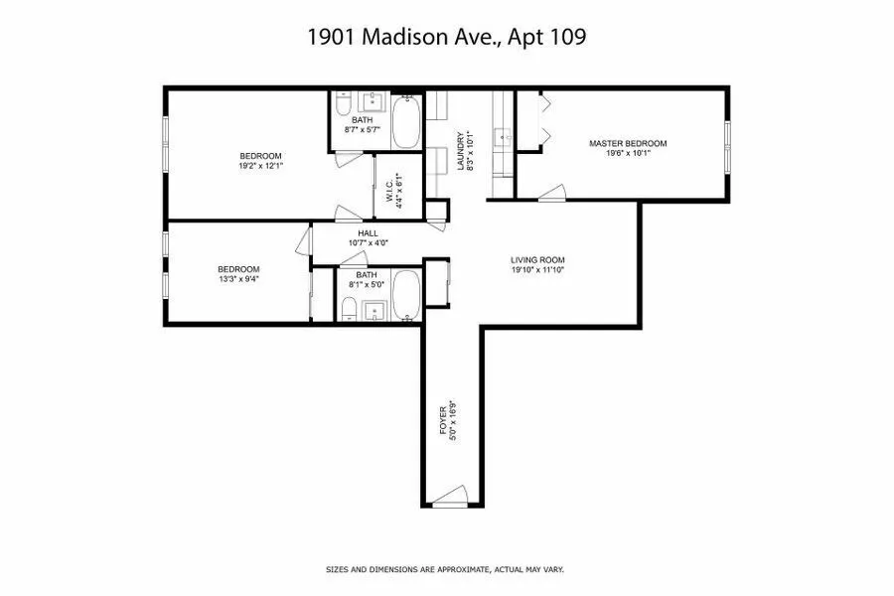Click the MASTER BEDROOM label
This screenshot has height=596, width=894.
click(627, 143)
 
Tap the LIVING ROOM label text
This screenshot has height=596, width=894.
click(536, 260)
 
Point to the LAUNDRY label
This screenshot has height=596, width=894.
click(460, 152)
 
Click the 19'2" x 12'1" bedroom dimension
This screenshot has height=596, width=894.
click(260, 166)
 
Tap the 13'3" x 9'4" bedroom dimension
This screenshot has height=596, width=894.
click(238, 279)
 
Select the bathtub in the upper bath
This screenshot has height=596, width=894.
click(407, 122)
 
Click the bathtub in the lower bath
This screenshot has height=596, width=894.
click(407, 293)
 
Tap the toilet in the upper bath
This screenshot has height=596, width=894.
click(340, 105)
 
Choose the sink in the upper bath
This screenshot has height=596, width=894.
click(375, 101)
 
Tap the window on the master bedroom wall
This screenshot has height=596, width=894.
click(727, 147)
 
